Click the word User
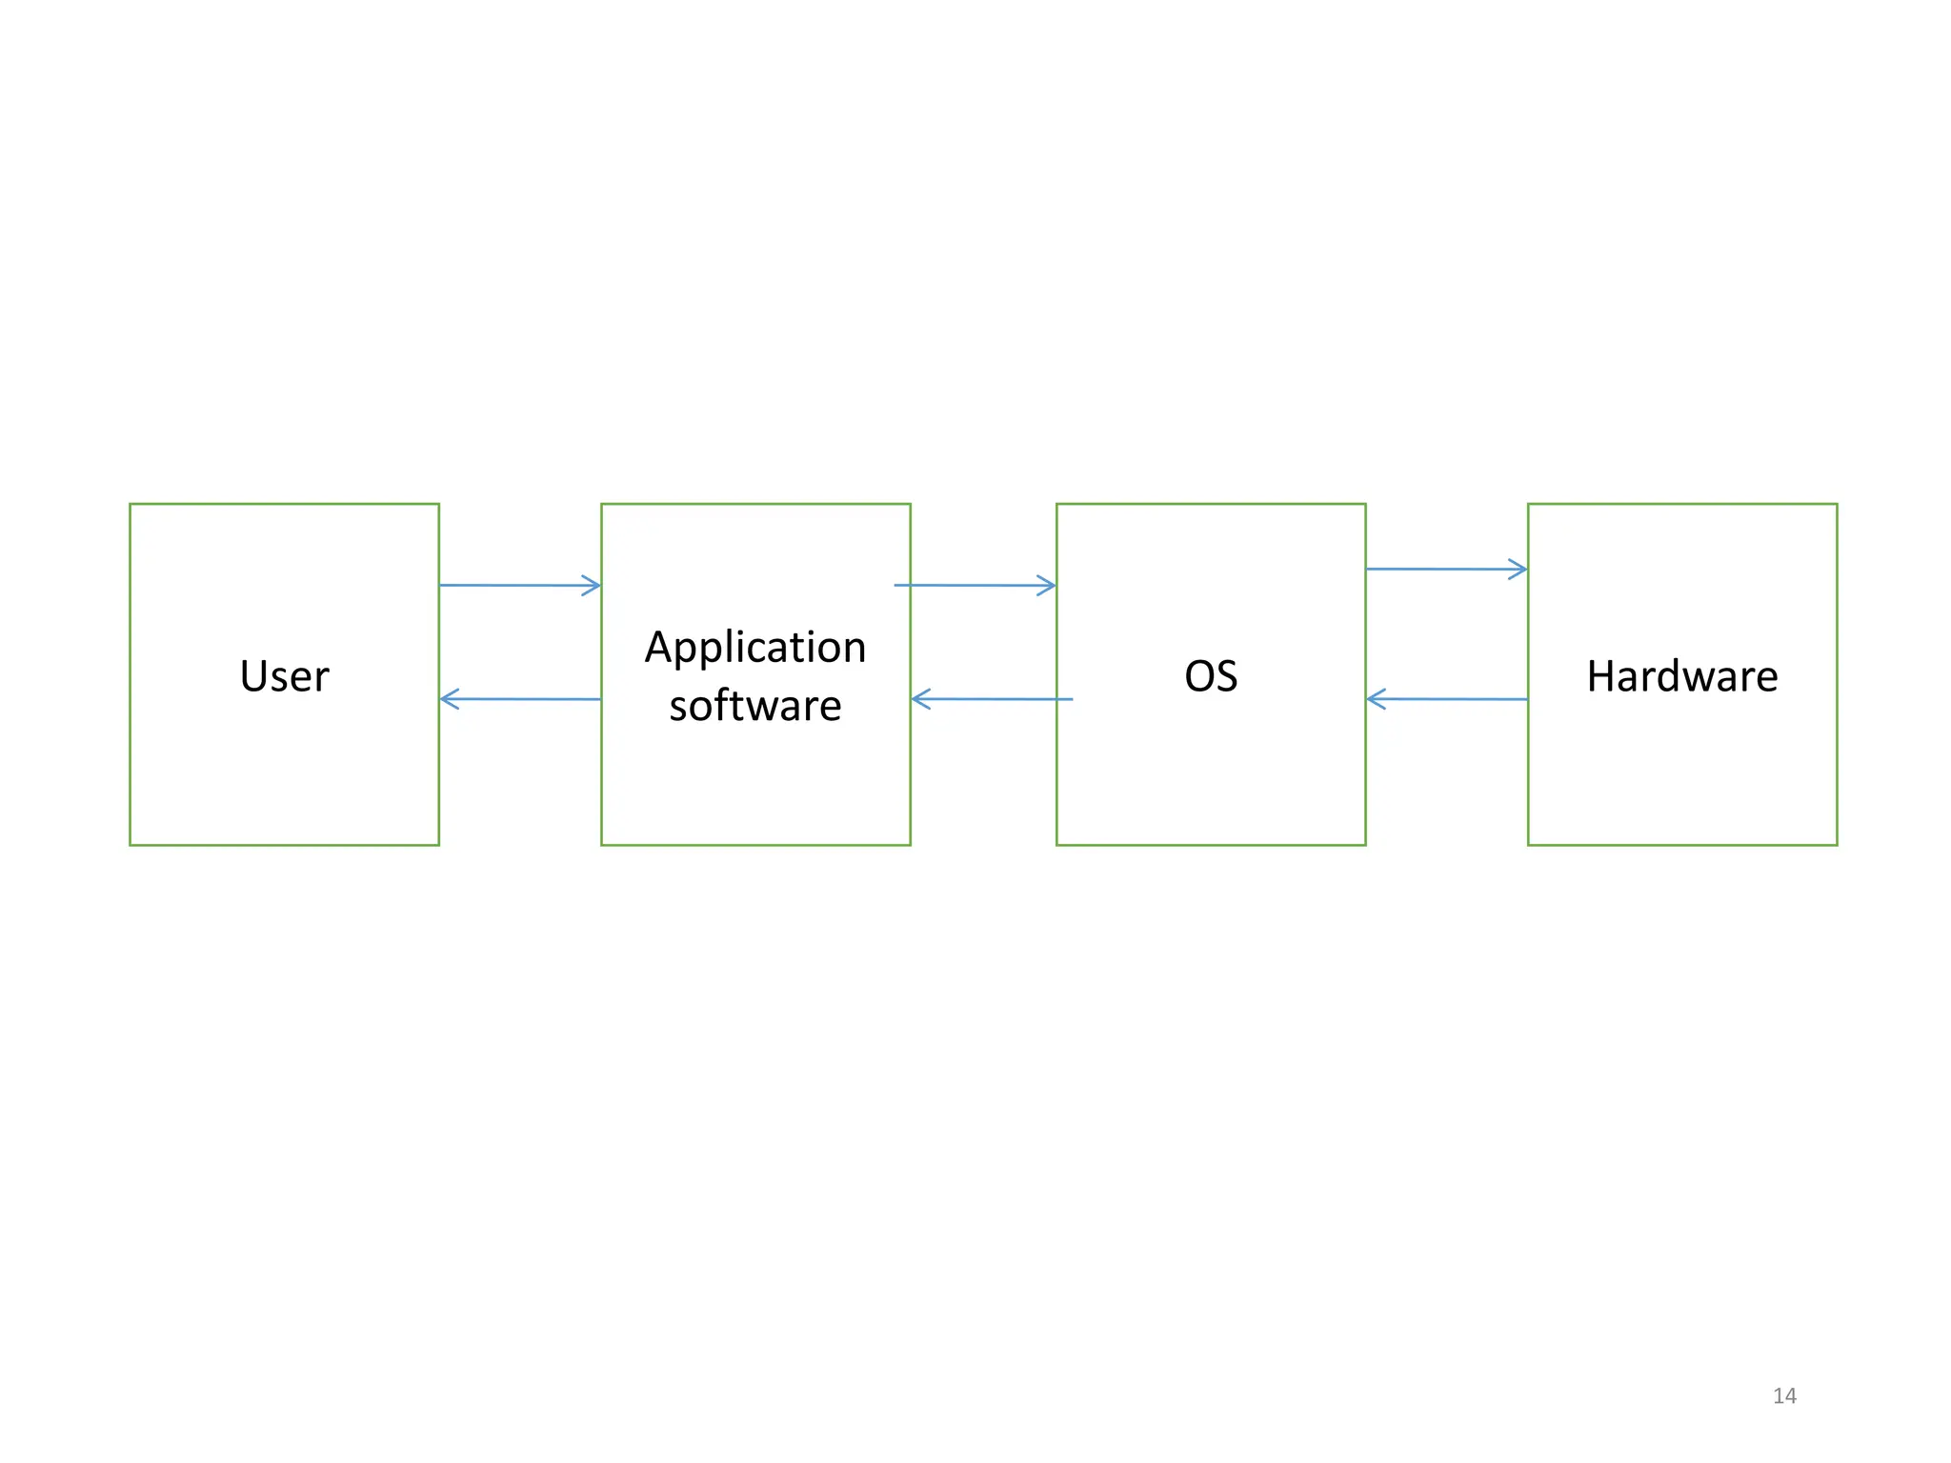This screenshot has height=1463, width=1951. pyautogui.click(x=284, y=676)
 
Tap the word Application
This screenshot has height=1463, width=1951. pyautogui.click(x=755, y=648)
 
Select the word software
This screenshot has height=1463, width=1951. pyautogui.click(x=755, y=706)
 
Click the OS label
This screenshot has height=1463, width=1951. pyautogui.click(x=1211, y=676)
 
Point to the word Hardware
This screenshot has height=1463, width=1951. pyautogui.click(x=1681, y=676)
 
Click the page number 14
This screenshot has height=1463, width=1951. pyautogui.click(x=1784, y=1395)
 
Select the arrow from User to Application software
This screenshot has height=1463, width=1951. pyautogui.click(x=519, y=585)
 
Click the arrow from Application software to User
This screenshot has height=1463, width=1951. pyautogui.click(x=519, y=699)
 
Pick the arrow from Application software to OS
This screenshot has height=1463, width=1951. pyautogui.click(x=974, y=585)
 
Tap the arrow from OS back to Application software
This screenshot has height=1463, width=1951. pyautogui.click(x=991, y=699)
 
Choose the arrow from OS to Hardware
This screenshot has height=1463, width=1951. pyautogui.click(x=1445, y=570)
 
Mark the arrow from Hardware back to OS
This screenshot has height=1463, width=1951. pyautogui.click(x=1445, y=699)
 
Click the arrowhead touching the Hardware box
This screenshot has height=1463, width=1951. pyautogui.click(x=1519, y=570)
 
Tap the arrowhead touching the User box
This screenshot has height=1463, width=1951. pyautogui.click(x=449, y=699)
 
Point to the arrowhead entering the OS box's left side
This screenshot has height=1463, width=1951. pyautogui.click(x=1047, y=585)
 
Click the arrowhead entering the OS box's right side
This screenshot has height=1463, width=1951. pyautogui.click(x=1375, y=699)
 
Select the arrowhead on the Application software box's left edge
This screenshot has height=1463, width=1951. pyautogui.click(x=592, y=585)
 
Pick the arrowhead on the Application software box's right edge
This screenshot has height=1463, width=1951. pyautogui.click(x=920, y=699)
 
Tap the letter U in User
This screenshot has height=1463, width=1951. pyautogui.click(x=252, y=676)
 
